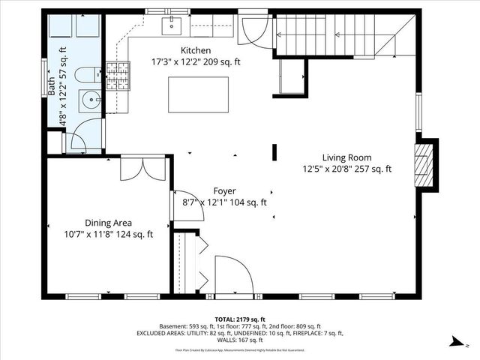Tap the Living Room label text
tap(346, 157)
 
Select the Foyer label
tap(223, 190)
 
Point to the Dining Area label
tap(108, 223)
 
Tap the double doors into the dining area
tap(141, 168)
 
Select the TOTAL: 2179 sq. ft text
tap(239, 319)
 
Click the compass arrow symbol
tap(455, 341)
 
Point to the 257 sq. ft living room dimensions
tap(346, 169)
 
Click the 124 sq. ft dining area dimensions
tap(108, 234)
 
